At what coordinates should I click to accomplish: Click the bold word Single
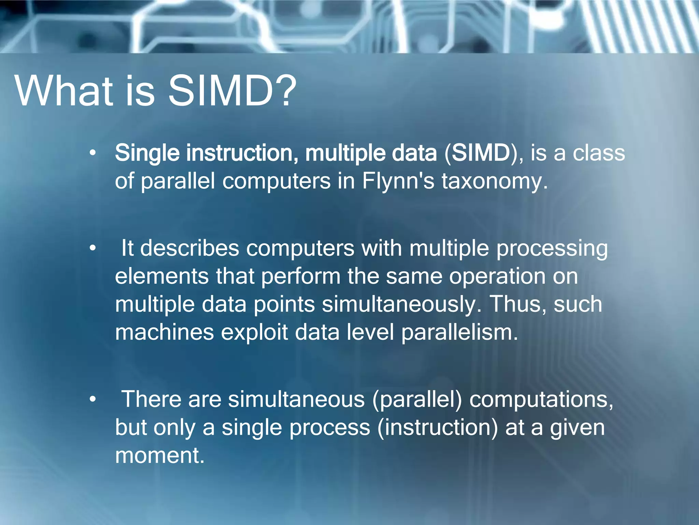pos(147,153)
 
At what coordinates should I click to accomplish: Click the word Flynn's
pos(398,181)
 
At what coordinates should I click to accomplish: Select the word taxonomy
pos(495,181)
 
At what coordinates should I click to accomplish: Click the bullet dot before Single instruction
pos(92,153)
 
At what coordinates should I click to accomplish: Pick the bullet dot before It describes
pos(92,248)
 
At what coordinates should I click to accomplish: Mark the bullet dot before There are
pos(92,399)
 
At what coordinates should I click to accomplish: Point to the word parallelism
pos(459,332)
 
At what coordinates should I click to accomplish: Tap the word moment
pos(160,455)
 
